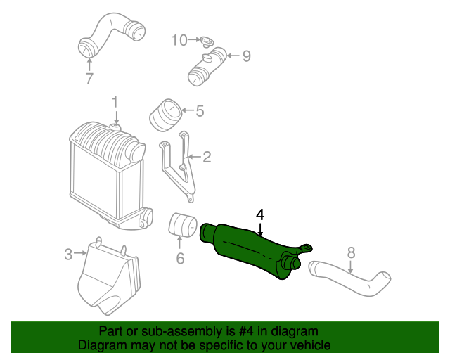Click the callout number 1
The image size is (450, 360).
pos(115,103)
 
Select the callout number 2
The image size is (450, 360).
pos(207,157)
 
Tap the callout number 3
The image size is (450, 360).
pos(68,255)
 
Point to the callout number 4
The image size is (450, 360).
pos(260,214)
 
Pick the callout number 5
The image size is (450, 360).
pos(200,110)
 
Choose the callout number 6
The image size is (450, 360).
pos(180,259)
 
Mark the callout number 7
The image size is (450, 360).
pos(89,79)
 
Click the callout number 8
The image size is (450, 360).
pos(352,251)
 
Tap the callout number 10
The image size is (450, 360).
pos(179,40)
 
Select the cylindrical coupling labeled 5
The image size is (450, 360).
pos(165,116)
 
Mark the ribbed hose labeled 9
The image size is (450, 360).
pos(207,65)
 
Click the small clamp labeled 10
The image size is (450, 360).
pos(205,41)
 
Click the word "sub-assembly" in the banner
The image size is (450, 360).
pos(167,331)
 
